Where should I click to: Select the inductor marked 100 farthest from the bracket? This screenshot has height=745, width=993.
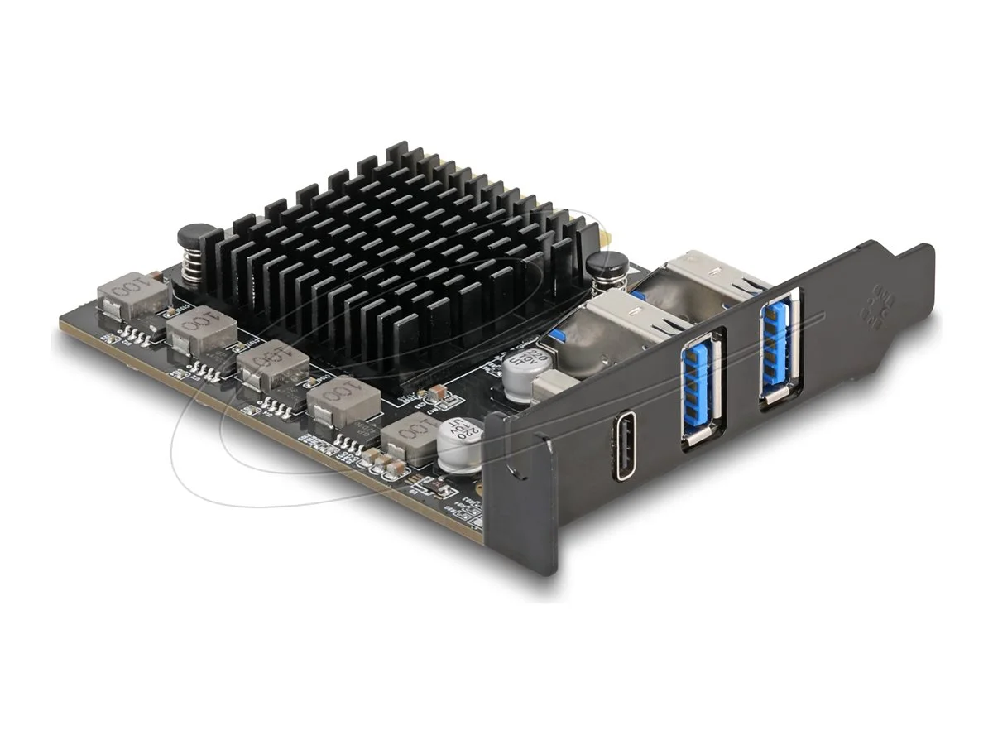pos(131,294)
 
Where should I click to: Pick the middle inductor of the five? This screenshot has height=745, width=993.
pos(270,368)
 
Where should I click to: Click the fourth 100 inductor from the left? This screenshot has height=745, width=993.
pos(342,401)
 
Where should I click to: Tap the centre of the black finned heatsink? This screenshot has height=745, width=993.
pos(389,265)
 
